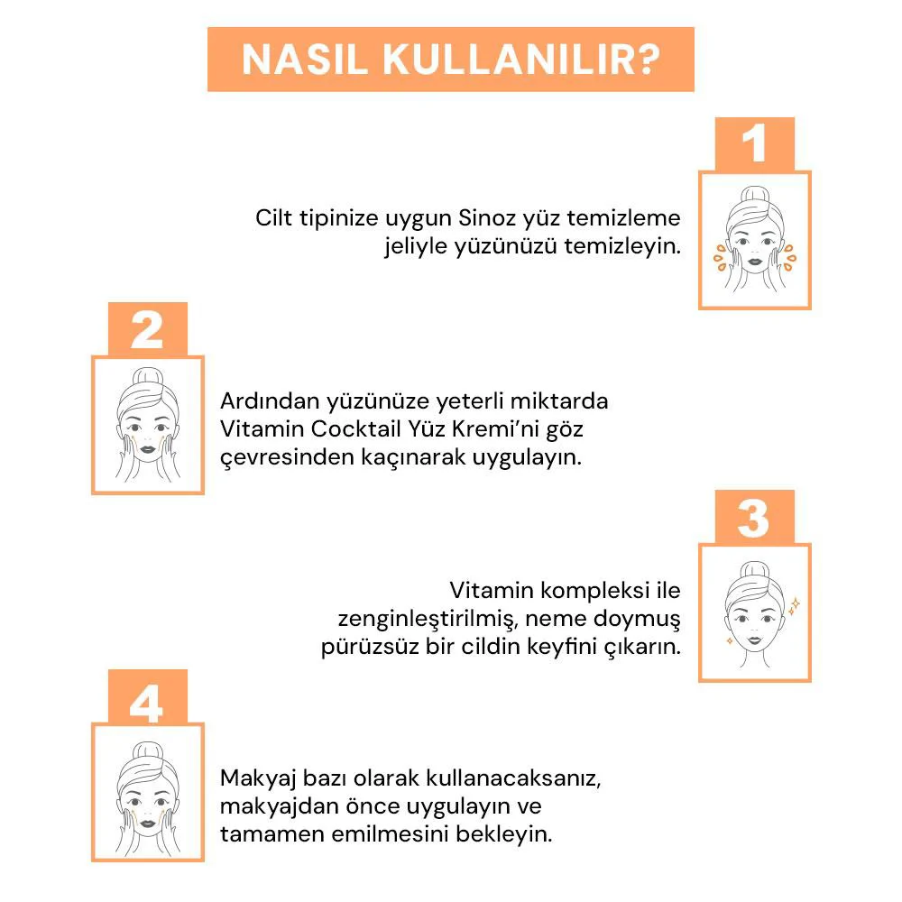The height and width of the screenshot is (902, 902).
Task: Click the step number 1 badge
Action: [754, 145]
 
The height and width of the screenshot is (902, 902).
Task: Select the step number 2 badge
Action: [147, 330]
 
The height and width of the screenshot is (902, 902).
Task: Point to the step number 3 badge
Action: [754, 519]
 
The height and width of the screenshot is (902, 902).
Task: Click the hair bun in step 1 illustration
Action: [754, 194]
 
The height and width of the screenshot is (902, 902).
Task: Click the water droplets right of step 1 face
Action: [789, 256]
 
